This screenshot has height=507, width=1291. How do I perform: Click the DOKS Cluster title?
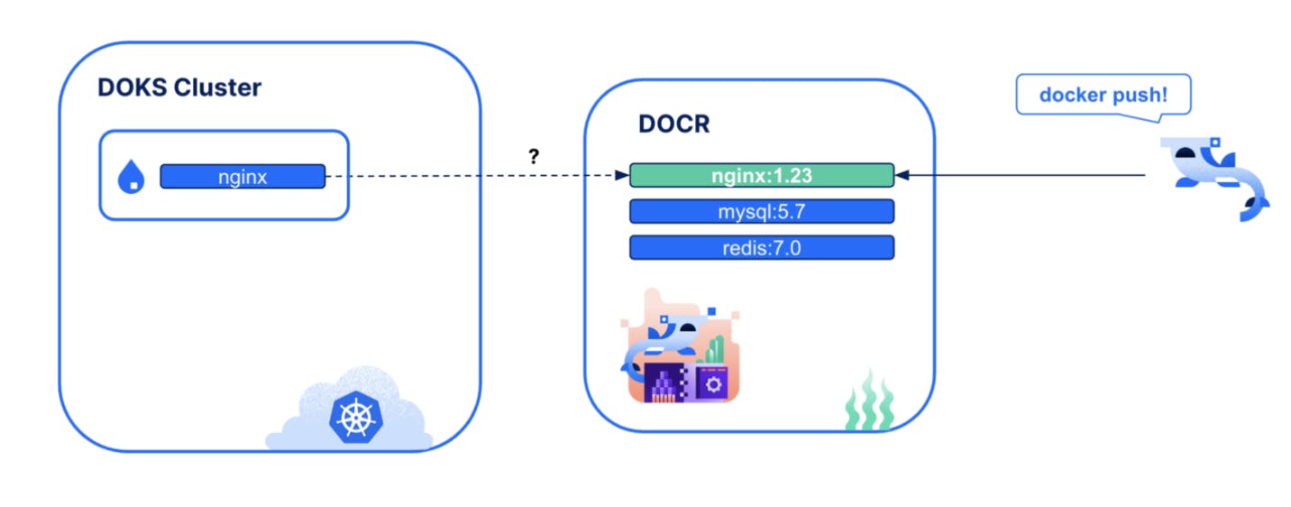coord(179,88)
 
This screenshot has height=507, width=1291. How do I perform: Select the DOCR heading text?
coord(673,124)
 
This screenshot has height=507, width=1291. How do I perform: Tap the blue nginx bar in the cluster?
coord(243,176)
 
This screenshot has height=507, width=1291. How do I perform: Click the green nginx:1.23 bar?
coord(761,175)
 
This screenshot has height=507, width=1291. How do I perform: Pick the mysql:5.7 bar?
coord(761,211)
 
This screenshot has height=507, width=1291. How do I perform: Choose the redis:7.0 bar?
coord(761,247)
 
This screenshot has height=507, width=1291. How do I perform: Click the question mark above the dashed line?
coord(534,156)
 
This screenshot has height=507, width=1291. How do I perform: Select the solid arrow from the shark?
coord(1028,176)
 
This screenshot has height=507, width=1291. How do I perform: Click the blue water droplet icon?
coord(132,177)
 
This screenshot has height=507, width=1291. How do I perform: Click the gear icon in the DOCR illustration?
coord(715,383)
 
